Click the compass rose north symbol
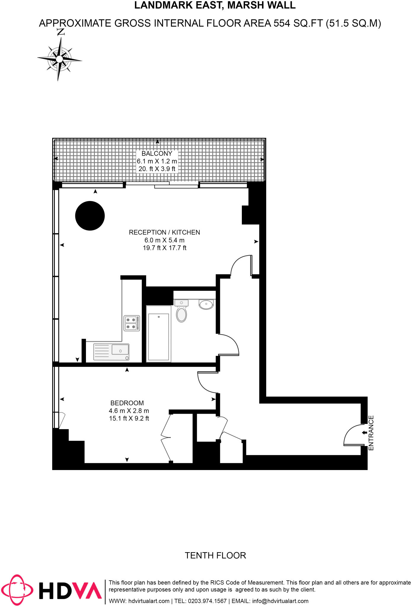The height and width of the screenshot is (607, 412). [60, 56]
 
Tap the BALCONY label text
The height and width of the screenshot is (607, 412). [157, 154]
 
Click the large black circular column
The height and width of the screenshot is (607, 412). [90, 216]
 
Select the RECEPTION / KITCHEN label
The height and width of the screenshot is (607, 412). [164, 232]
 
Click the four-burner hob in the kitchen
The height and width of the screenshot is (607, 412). [132, 323]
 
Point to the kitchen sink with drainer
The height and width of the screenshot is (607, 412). [111, 352]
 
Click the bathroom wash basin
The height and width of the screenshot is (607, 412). [206, 304]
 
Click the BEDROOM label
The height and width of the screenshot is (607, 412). [127, 403]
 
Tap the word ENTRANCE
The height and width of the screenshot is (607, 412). [371, 433]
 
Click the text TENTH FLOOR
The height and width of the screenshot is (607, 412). [215, 555]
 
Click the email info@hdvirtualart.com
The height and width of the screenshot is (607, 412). [280, 601]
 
